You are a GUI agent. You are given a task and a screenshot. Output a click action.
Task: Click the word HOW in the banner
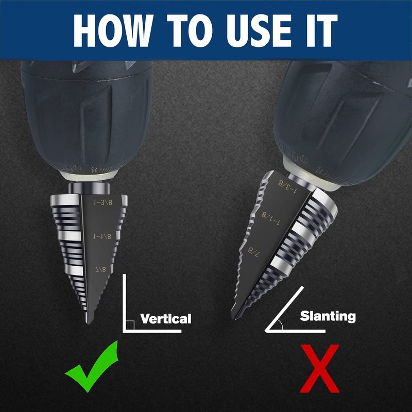pos(113,30)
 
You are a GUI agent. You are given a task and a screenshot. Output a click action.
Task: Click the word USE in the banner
pos(259,30)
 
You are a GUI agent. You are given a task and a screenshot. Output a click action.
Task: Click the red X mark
pos(319,369)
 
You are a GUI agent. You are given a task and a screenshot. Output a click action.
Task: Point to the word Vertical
pos(165,319)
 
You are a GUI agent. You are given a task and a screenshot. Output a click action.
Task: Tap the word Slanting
pos(328,316)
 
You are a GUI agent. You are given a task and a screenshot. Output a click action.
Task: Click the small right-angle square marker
pos(131,325)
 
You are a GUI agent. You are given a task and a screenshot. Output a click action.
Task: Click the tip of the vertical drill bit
pos(89,323)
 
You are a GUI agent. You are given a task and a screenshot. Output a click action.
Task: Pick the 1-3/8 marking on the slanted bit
pos(287,187)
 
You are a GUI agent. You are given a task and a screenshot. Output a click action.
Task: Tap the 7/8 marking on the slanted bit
pos(254,252)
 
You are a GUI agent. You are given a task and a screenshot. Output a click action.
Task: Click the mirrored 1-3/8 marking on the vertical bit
pos(102,202)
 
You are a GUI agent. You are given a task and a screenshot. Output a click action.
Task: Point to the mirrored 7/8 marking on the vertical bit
pos(100,269)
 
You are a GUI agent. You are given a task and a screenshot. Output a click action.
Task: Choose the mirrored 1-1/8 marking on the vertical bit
pos(102,236)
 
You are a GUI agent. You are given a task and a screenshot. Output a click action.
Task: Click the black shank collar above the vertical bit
pos(89,188)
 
